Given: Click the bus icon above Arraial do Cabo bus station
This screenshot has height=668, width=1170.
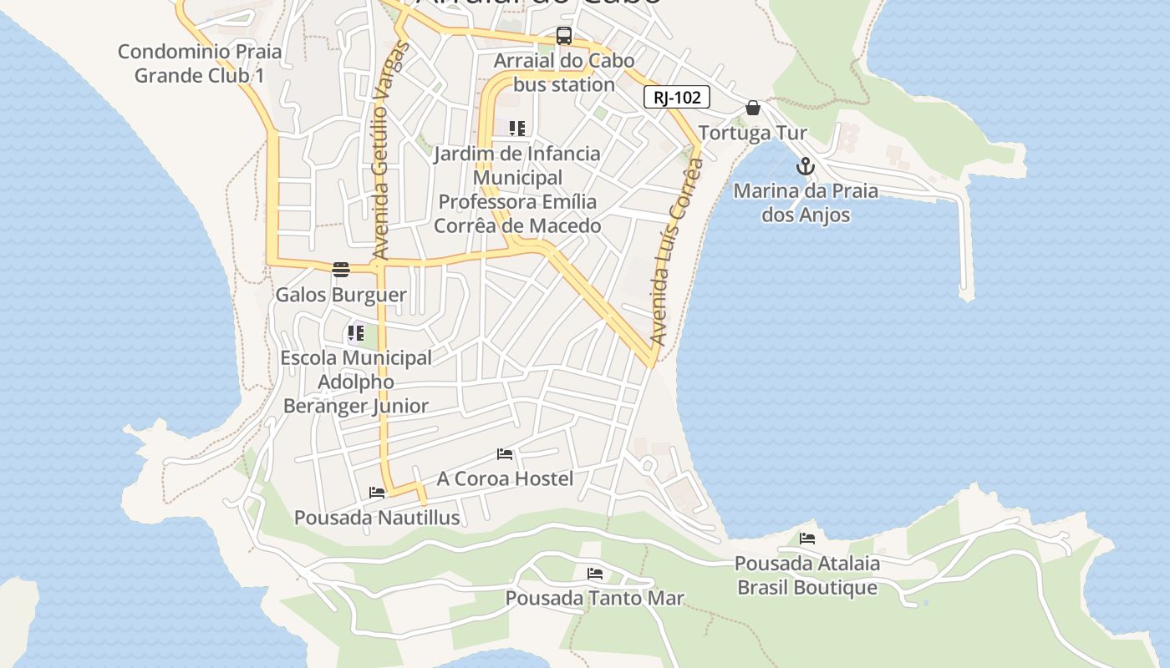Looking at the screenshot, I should point(564,36).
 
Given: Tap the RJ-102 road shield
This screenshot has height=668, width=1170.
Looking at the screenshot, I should point(677,97).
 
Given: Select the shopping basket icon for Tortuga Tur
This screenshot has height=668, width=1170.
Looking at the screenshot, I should point(753,108).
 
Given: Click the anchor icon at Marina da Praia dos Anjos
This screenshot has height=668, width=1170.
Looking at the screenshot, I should point(806,166).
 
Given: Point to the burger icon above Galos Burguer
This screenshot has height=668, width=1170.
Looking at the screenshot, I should point(341,270).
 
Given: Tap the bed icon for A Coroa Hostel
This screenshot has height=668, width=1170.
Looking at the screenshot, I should point(505,454).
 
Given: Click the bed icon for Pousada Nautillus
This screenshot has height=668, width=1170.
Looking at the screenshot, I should point(377,493).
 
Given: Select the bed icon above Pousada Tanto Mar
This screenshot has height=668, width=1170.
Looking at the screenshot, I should point(595,574).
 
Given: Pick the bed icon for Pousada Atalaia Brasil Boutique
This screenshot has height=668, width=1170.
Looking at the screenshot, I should point(807,539).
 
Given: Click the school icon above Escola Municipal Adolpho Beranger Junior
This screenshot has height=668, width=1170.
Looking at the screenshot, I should point(355,334).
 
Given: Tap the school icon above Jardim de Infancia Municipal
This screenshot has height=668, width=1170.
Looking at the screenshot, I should point(517,129).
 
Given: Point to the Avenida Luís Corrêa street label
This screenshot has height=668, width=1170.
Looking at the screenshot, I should point(675,250).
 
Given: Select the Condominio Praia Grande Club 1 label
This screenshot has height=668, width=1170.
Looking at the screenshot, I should point(200,63).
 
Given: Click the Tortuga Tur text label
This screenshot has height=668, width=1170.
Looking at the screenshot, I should point(753,133).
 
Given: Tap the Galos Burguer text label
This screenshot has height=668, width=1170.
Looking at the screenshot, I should point(341,295).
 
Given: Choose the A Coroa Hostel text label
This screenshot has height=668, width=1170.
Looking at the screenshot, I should point(505,478).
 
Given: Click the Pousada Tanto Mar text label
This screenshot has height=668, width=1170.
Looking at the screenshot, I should point(595,598).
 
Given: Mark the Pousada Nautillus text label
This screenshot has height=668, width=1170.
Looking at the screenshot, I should point(377,518).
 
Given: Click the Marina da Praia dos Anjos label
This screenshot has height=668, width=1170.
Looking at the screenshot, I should point(806,203).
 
